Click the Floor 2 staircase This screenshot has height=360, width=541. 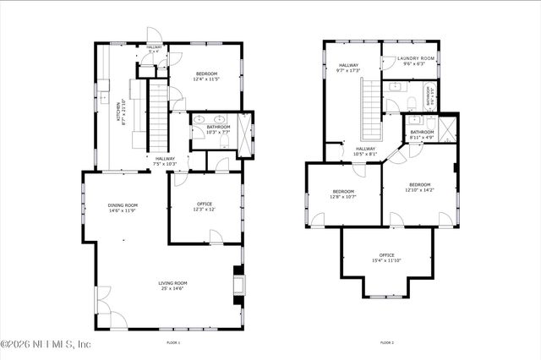tap(369, 110)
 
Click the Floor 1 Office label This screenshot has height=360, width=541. tap(204, 203)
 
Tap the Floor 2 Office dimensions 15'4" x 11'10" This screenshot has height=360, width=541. tap(386, 260)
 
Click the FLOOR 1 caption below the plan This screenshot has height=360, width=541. tap(174, 342)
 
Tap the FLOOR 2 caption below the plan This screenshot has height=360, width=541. tap(386, 342)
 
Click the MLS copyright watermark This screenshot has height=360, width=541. tap(46, 345)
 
